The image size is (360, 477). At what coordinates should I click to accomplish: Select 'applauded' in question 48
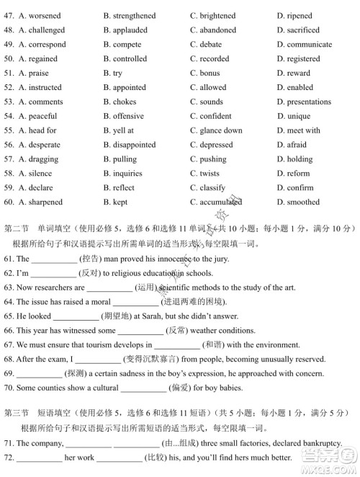pos(130,30)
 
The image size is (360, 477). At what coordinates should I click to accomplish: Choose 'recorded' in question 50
pos(215,59)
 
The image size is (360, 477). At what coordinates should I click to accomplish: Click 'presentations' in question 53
pos(309,102)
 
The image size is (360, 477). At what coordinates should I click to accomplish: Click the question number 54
pos(9,117)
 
